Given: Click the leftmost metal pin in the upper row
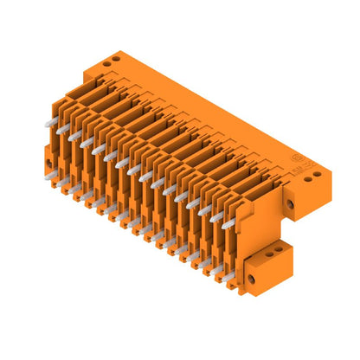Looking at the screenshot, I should pyautogui.click(x=48, y=124).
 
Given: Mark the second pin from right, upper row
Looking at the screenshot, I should pyautogui.click(x=215, y=218).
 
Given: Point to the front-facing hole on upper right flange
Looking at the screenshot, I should pyautogui.click(x=289, y=204).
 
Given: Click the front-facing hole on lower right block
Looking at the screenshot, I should pyautogui.click(x=253, y=280).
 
